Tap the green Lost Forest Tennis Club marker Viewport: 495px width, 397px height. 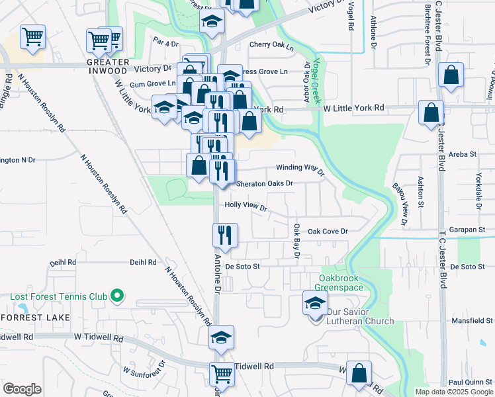pos(118,295)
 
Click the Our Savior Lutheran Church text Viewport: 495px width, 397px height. pos(358,317)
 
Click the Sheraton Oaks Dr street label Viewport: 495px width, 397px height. pos(265,183)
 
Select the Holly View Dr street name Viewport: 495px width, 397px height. pos(246,206)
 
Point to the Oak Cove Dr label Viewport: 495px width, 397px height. pos(328,231)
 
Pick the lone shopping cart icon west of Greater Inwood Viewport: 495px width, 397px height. pos(32,37)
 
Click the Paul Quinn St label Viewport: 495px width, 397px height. pos(471,382)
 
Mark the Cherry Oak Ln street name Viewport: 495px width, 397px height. pos(271,45)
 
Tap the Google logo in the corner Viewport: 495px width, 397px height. pos(22,389)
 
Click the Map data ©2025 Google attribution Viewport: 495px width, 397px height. pos(454,392)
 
